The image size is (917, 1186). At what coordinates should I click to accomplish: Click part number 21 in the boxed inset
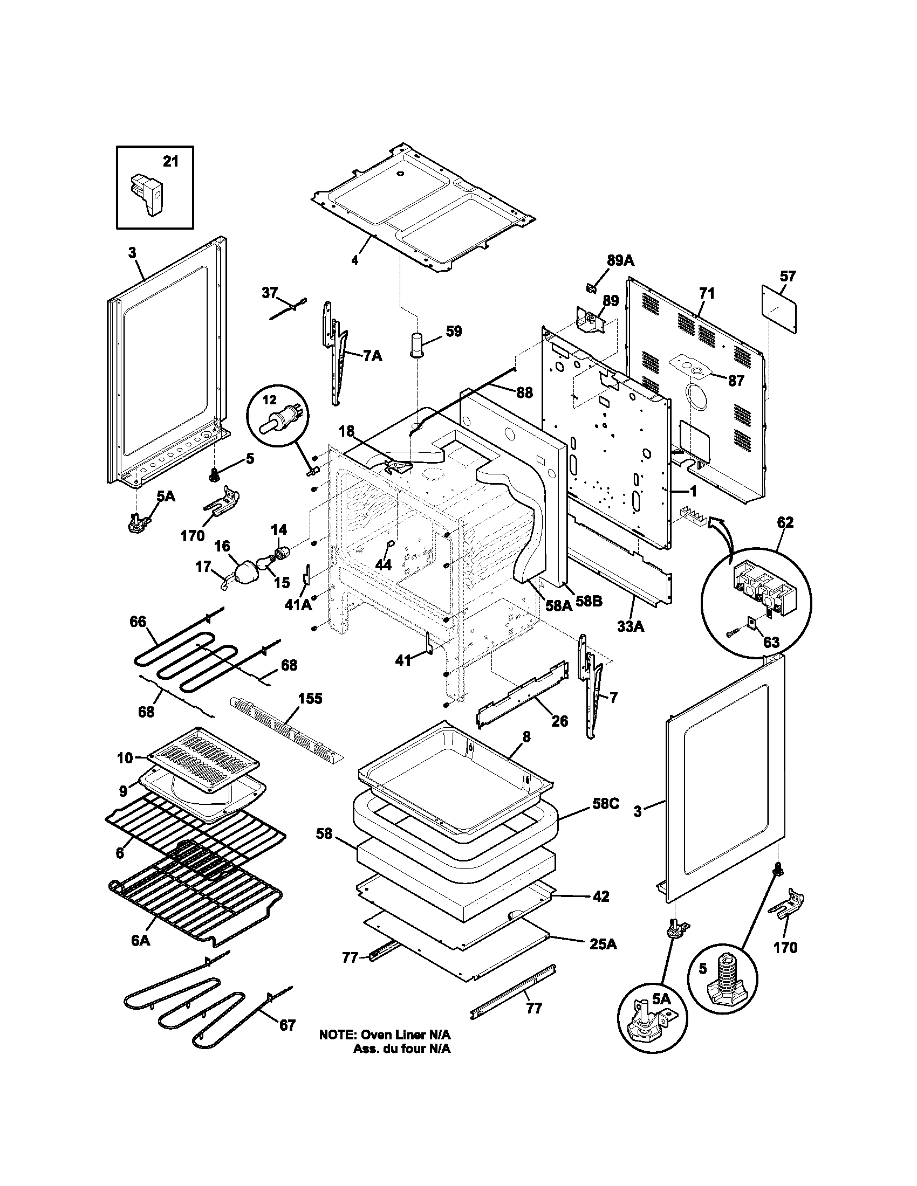[x=170, y=162]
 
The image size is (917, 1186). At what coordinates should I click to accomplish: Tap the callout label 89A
[x=620, y=260]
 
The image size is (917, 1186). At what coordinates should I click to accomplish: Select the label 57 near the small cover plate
[x=788, y=276]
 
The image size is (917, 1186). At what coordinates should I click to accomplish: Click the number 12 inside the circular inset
[x=270, y=400]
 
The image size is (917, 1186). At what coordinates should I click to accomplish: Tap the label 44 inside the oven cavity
[x=384, y=565]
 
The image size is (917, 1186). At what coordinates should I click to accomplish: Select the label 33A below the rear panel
[x=631, y=626]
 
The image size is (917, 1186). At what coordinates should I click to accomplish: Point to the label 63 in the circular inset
[x=771, y=642]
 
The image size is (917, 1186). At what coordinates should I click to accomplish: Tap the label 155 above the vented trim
[x=310, y=698]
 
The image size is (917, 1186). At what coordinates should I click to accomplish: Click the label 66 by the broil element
[x=138, y=621]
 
